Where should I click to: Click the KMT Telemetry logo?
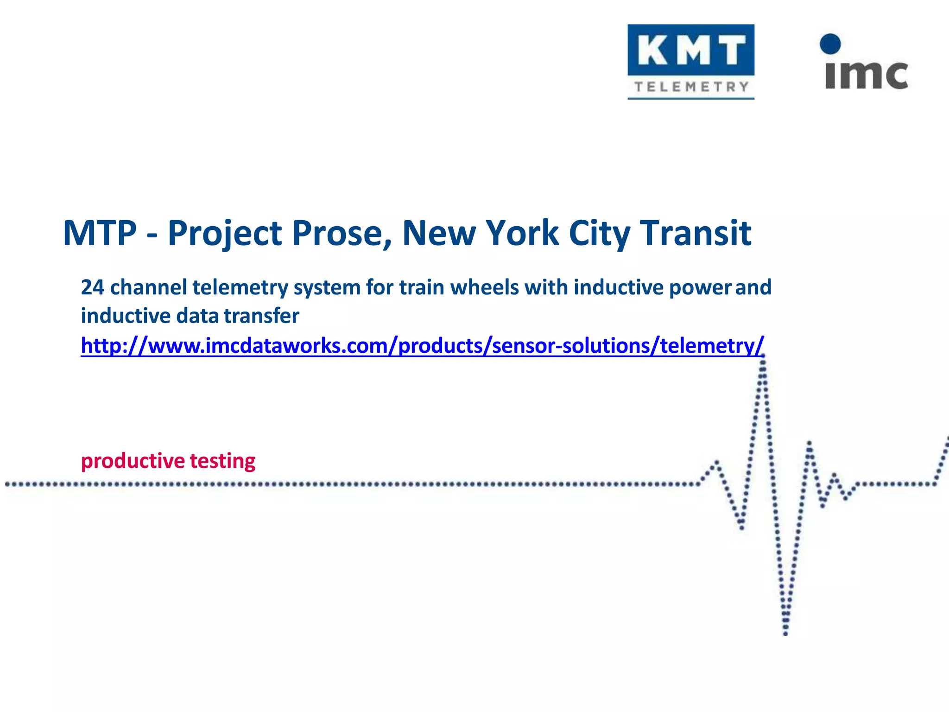[x=690, y=61]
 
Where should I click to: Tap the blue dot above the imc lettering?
[x=830, y=44]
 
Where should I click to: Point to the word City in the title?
[x=599, y=233]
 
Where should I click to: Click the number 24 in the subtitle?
[x=92, y=287]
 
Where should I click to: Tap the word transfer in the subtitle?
[x=261, y=316]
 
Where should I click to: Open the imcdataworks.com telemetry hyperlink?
[x=422, y=346]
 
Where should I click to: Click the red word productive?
[x=133, y=461]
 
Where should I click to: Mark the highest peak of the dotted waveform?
[x=763, y=356]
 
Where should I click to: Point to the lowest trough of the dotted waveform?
[x=785, y=633]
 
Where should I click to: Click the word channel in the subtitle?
[x=148, y=287]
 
